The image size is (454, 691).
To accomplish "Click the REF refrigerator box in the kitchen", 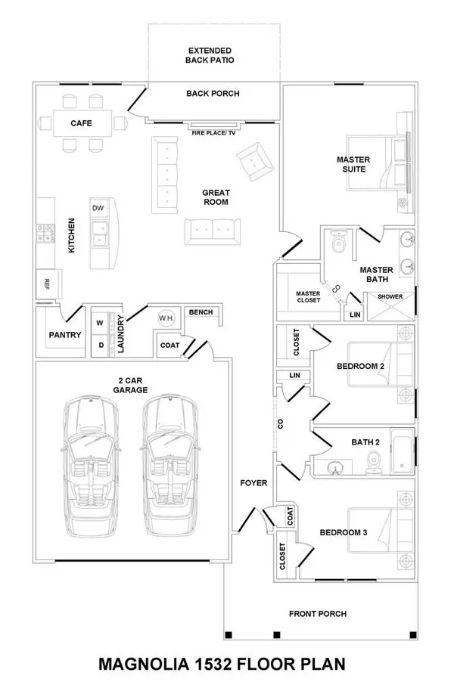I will [46, 284].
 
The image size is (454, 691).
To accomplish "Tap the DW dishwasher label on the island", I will [98, 208].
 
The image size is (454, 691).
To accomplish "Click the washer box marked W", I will [100, 323].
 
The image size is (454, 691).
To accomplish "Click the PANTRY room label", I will [64, 334].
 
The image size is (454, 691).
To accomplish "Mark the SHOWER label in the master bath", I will [390, 296].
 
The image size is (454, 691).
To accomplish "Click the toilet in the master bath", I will [339, 243].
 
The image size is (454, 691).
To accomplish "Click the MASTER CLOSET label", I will [308, 296].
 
